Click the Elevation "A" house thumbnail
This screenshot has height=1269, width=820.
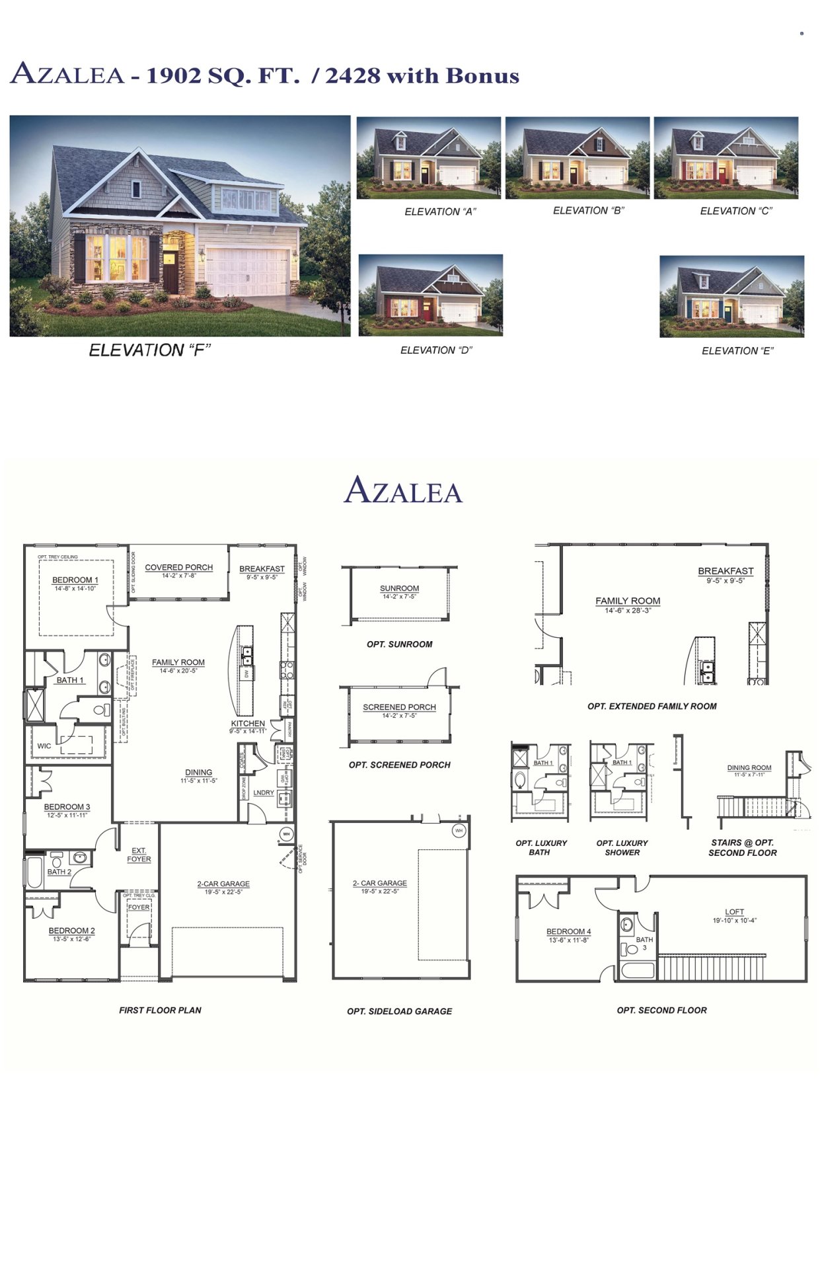coord(428,158)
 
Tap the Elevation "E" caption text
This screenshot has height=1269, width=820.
coord(737,351)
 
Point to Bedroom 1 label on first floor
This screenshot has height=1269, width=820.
coord(75,580)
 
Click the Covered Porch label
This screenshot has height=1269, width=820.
coord(178,567)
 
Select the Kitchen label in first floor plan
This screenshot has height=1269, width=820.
coord(248,723)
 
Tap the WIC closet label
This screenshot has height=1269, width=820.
coord(44,746)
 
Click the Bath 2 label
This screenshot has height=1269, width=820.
coord(59,872)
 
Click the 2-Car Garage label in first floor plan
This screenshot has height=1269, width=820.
coord(223,884)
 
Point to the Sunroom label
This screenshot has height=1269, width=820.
coord(399,588)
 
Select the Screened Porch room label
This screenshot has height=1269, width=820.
coord(399,707)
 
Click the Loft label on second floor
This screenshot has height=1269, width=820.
coord(734,911)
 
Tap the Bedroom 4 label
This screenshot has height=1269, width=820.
coord(568,931)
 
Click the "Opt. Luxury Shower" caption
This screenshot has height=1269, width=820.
coord(622,847)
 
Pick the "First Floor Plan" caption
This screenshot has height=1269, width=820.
coord(160,1010)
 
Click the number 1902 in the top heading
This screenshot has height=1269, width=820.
coord(173,76)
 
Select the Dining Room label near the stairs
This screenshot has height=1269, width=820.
coord(749,767)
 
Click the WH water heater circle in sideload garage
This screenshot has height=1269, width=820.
coord(459,830)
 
